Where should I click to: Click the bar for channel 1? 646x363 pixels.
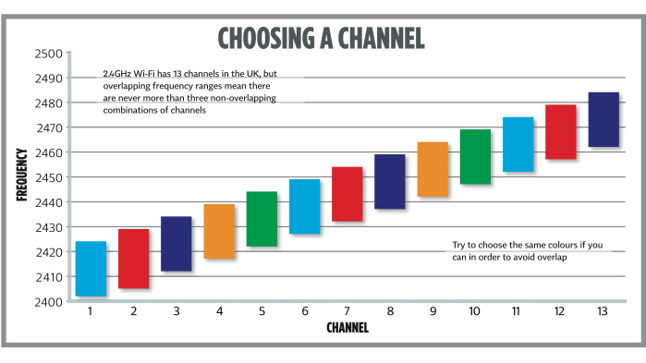[91, 269]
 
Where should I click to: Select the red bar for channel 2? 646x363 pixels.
[134, 259]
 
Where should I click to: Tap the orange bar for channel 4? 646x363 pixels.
[219, 231]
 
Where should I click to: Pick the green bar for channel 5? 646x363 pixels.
[262, 219]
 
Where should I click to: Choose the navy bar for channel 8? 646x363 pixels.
[390, 182]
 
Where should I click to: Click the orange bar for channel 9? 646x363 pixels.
[433, 169]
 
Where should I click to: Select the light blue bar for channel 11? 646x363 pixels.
[518, 144]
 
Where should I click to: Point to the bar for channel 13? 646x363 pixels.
[603, 119]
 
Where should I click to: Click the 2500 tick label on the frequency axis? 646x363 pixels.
[49, 54]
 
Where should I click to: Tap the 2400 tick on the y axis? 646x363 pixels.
[49, 302]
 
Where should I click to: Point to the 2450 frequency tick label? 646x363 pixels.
[49, 177]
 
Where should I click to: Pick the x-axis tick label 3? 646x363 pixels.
[177, 312]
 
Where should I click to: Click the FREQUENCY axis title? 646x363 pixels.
[20, 176]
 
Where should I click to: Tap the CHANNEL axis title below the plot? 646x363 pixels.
[347, 328]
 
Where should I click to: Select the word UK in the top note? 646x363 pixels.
[268, 74]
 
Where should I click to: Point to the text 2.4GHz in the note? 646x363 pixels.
[118, 74]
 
